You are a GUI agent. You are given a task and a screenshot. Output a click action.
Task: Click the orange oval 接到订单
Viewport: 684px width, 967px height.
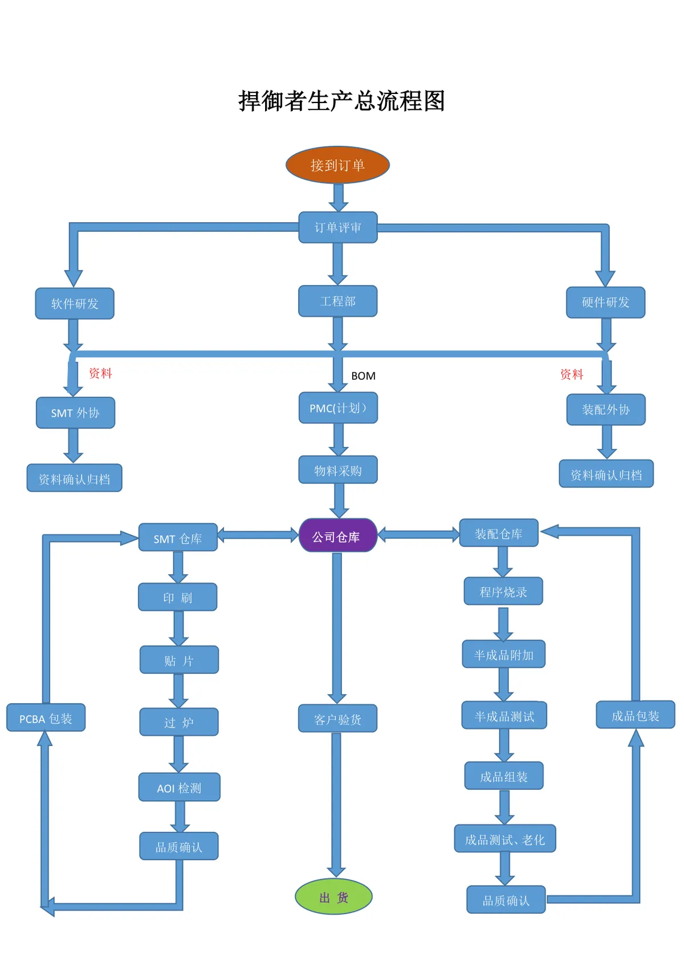click(x=337, y=165)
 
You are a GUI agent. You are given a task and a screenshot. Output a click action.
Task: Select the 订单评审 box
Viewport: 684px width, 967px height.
click(x=338, y=227)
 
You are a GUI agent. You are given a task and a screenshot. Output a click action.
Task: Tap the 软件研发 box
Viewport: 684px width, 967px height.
click(x=75, y=304)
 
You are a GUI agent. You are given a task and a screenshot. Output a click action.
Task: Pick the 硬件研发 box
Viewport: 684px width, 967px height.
click(x=605, y=302)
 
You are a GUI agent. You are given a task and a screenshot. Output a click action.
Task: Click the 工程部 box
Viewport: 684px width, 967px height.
click(x=338, y=301)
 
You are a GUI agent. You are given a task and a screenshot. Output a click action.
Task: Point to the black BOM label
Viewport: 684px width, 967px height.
click(x=364, y=376)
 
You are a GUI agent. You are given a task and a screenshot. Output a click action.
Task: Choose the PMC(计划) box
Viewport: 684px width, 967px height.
click(x=339, y=408)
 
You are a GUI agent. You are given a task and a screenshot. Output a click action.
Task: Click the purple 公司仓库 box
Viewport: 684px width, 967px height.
click(x=339, y=535)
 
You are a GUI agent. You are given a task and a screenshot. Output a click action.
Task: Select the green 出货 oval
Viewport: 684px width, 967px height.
click(x=333, y=896)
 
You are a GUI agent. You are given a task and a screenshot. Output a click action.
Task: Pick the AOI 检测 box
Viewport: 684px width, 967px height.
click(x=180, y=787)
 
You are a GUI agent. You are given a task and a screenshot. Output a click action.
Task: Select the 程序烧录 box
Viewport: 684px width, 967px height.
click(x=503, y=591)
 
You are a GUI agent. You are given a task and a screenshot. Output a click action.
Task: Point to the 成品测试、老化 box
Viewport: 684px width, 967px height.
click(x=505, y=838)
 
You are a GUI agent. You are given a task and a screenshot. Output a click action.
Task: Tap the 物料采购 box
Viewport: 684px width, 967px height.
click(x=338, y=470)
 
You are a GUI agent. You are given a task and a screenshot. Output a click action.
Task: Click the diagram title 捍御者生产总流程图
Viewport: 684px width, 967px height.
click(x=342, y=101)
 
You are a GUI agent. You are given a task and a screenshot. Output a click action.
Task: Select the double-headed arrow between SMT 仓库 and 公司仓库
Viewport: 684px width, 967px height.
click(x=258, y=535)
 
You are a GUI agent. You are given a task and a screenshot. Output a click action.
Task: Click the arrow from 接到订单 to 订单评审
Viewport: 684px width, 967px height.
click(x=339, y=198)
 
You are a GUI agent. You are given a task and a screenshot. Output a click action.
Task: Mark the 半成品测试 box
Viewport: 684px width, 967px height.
click(x=504, y=715)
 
